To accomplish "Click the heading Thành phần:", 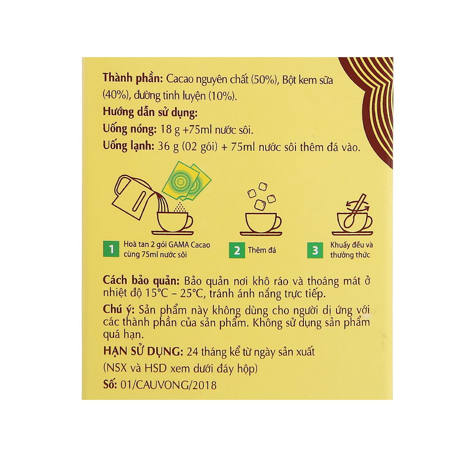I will click(x=133, y=79).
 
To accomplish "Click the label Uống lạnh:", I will click(x=129, y=147).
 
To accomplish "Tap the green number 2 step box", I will click(x=237, y=250).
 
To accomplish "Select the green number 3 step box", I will click(x=316, y=250).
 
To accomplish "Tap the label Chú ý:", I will click(x=119, y=310).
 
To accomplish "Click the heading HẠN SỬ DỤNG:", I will click(x=142, y=352).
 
